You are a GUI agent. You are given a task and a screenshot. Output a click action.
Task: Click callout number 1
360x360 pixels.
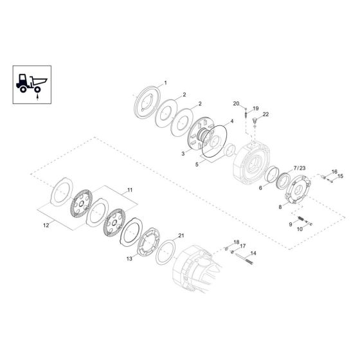(165, 84)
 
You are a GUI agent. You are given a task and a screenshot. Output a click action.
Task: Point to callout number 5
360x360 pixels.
(197, 164)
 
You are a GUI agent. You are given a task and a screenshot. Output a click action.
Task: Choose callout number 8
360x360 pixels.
(279, 207)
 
